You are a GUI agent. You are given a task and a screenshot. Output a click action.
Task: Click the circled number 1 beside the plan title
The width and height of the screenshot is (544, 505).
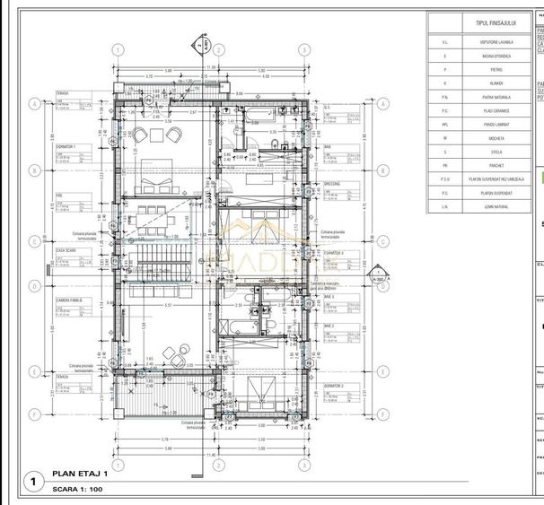(x=33, y=482)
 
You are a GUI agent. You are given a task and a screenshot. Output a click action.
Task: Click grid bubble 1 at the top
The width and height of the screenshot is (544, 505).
(x=117, y=50)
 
